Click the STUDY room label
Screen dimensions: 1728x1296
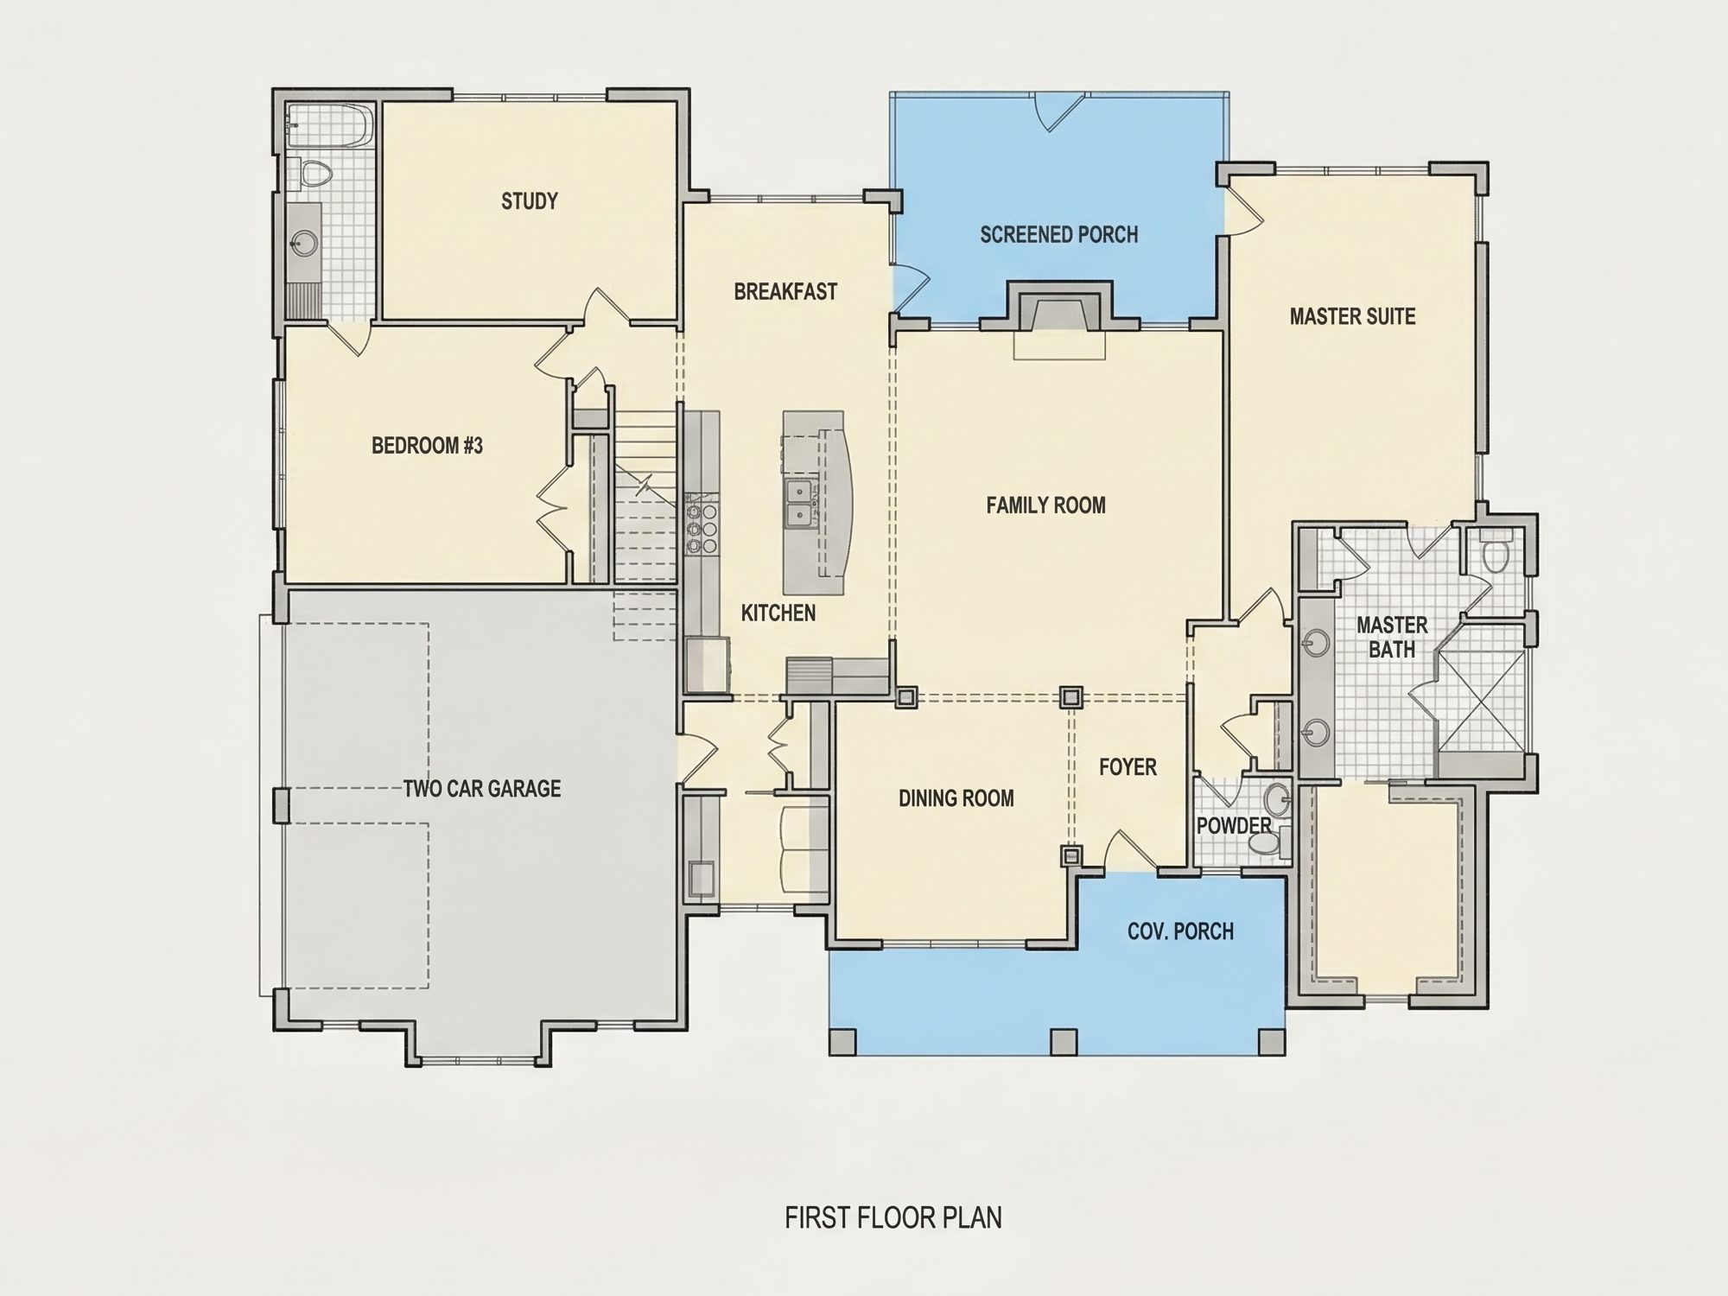530,201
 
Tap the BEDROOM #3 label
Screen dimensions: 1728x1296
427,446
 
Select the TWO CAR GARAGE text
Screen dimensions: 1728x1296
482,788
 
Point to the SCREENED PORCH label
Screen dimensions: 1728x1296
1058,234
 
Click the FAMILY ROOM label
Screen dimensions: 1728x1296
1045,505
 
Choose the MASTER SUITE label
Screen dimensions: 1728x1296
1352,316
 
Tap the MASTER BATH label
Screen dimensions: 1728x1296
1391,637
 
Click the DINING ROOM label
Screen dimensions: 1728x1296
956,798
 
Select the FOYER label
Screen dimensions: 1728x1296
1128,767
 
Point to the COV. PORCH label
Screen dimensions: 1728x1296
1180,931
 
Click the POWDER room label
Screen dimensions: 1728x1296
1234,826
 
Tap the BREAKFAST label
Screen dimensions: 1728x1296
785,292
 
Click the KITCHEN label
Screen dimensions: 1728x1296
778,613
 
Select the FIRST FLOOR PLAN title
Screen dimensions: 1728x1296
893,1217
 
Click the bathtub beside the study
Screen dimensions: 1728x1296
329,126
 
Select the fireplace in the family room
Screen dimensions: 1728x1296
1059,320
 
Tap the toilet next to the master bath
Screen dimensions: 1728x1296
1494,550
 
